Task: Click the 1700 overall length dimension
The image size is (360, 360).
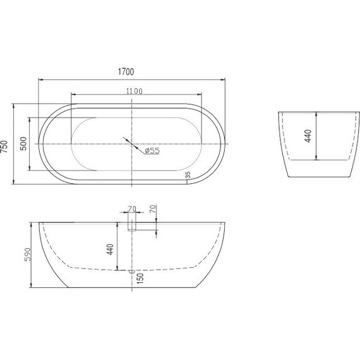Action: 126,72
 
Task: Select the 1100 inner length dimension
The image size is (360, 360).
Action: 135,92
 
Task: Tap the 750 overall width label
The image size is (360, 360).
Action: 4,147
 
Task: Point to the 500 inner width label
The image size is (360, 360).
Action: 23,143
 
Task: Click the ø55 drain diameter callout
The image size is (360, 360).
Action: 152,150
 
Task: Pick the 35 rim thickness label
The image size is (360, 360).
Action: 188,175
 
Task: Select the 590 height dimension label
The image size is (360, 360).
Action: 27,255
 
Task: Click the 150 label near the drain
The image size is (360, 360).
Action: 140,279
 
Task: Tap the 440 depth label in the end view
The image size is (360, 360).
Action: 308,136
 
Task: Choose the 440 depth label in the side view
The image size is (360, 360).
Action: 110,249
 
